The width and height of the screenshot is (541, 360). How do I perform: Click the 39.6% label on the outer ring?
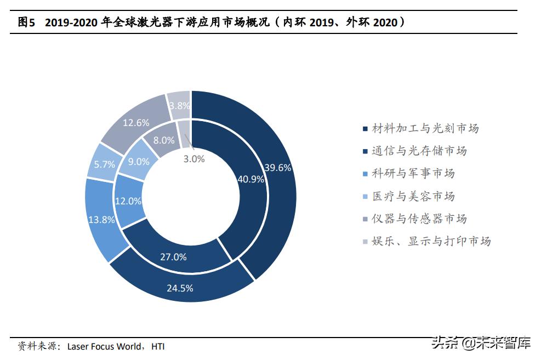pyautogui.click(x=277, y=168)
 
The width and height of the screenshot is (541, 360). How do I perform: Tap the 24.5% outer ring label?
pyautogui.click(x=179, y=288)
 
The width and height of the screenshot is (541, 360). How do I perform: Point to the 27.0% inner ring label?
pyautogui.click(x=173, y=256)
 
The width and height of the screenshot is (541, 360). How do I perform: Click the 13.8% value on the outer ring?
pyautogui.click(x=101, y=220)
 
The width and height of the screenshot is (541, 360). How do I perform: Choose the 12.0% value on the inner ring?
pyautogui.click(x=128, y=201)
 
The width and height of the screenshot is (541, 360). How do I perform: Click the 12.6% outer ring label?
pyautogui.click(x=136, y=123)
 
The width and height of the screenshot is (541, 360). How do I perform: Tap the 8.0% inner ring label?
pyautogui.click(x=164, y=140)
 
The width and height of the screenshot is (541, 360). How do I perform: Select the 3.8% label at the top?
pyautogui.click(x=179, y=105)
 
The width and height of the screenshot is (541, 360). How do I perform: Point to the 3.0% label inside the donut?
pyautogui.click(x=193, y=159)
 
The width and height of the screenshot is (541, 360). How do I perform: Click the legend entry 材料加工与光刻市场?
pyautogui.click(x=425, y=128)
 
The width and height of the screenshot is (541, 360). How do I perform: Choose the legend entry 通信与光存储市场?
pyautogui.click(x=419, y=151)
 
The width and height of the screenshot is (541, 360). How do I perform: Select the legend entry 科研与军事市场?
pyautogui.click(x=413, y=174)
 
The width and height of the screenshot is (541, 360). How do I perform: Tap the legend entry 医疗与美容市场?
pyautogui.click(x=413, y=196)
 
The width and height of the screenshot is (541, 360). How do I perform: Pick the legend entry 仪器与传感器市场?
pyautogui.click(x=419, y=219)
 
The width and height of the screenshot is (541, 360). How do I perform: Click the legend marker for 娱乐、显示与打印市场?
pyautogui.click(x=366, y=242)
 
